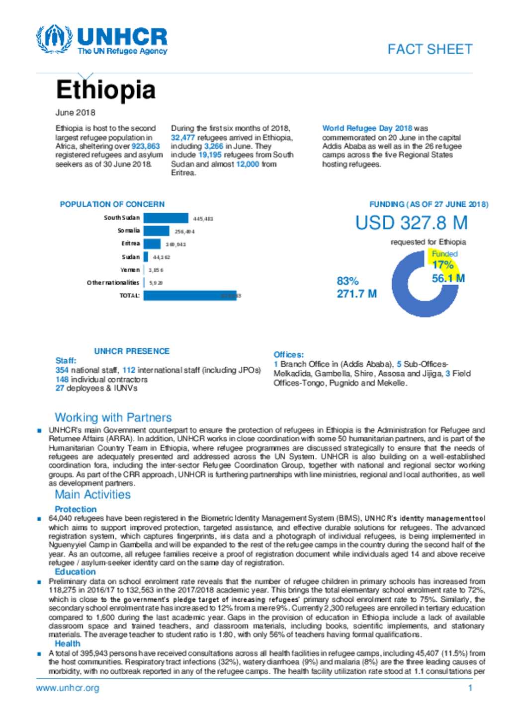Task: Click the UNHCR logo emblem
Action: pos(54,39)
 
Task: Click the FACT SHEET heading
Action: pos(429,49)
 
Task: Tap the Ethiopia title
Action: pos(105,90)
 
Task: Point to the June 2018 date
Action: pos(75,113)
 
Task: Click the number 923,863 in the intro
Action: pos(146,146)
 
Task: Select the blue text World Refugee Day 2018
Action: pos(367,128)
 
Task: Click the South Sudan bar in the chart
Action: pos(166,218)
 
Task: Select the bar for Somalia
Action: pos(156,231)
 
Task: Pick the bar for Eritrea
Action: pos(152,244)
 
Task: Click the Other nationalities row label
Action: pos(113,283)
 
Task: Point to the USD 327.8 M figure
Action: pos(411,223)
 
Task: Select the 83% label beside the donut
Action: pos(347,281)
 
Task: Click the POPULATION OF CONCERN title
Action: pos(112,204)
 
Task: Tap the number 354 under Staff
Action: pos(62,370)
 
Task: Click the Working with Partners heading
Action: pos(113,417)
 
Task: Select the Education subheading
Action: pos(75,572)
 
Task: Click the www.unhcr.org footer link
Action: pos(67,688)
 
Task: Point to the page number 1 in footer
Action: pos(470,688)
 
